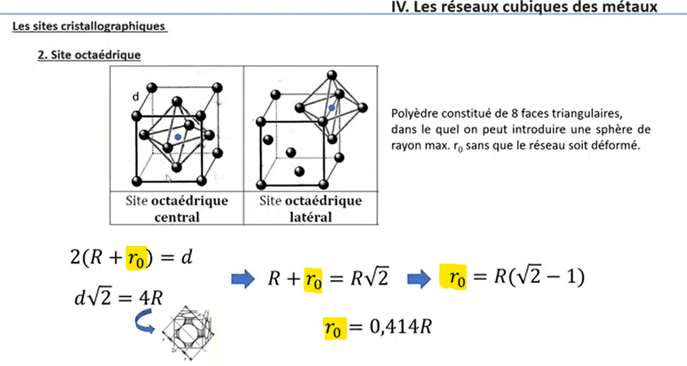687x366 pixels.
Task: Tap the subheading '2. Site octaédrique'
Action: [x=88, y=56]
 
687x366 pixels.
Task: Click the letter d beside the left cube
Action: [x=135, y=97]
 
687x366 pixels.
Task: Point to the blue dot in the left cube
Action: [x=179, y=136]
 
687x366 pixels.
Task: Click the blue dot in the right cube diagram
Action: [x=331, y=109]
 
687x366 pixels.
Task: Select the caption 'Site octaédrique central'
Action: [x=178, y=209]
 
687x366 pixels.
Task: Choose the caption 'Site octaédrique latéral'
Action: [x=310, y=209]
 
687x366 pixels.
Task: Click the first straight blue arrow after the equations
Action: [x=244, y=278]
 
